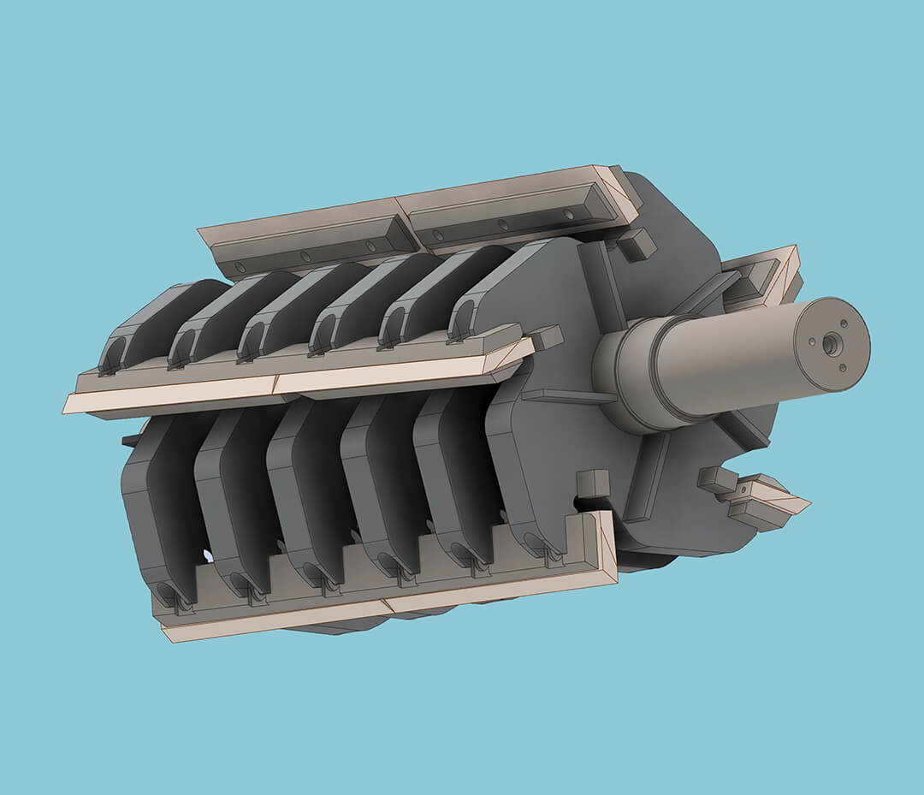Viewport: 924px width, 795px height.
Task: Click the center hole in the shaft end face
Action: (829, 344)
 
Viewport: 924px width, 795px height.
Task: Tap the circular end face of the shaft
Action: (832, 345)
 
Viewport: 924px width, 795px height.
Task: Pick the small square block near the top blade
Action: (636, 245)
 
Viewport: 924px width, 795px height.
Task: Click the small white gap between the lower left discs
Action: (207, 556)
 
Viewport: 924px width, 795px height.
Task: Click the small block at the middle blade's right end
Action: (545, 337)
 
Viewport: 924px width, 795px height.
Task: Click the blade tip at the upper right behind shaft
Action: (774, 270)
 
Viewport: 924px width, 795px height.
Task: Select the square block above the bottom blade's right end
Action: (592, 484)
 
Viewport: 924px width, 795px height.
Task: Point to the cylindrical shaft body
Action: (727, 355)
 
